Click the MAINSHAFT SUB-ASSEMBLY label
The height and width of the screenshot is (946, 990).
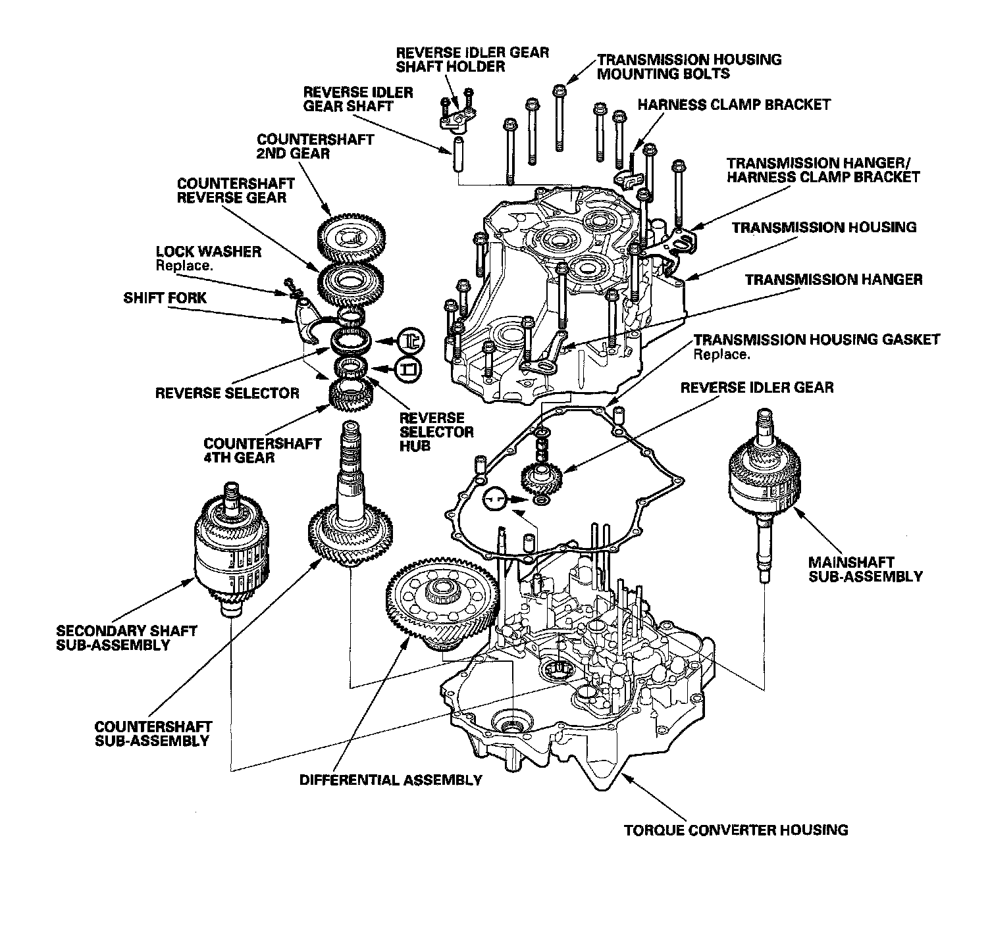coord(865,570)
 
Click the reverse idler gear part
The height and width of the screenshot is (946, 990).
coord(540,480)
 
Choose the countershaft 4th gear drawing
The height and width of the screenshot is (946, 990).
coord(352,396)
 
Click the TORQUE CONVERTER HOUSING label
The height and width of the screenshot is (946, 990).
coord(736,829)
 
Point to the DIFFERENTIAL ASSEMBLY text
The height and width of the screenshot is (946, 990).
coord(390,780)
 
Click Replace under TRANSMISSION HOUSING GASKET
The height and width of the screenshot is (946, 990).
coord(721,354)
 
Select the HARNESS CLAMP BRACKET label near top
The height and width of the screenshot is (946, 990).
coord(734,105)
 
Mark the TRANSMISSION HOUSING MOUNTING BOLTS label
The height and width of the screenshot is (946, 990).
coord(689,66)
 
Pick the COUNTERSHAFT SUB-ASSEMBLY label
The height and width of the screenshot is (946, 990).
coord(153,734)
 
